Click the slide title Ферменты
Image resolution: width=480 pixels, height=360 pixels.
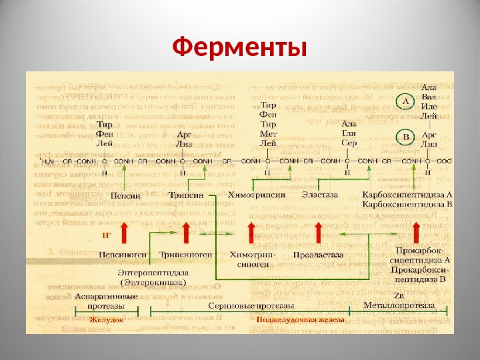239,48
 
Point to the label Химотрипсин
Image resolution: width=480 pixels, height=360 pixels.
257,195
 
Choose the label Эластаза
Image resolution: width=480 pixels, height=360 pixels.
320,195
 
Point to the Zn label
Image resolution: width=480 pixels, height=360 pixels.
399,295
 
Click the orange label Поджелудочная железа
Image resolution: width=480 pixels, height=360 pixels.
301,320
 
